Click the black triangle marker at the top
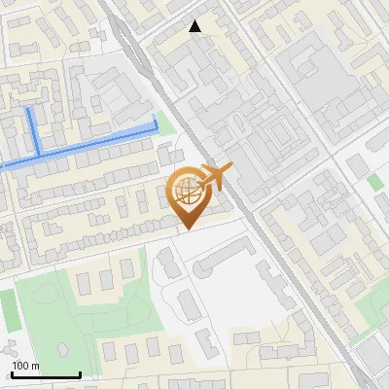[x=195, y=26]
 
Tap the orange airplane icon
[x=215, y=177]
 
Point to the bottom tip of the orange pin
[x=187, y=229]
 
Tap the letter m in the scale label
[x=36, y=366]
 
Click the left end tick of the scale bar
[x=11, y=373]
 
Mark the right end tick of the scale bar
[x=80, y=373]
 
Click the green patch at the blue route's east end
[x=166, y=124]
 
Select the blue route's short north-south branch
[x=32, y=131]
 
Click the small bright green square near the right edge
[x=375, y=182]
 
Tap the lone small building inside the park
[x=63, y=349]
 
